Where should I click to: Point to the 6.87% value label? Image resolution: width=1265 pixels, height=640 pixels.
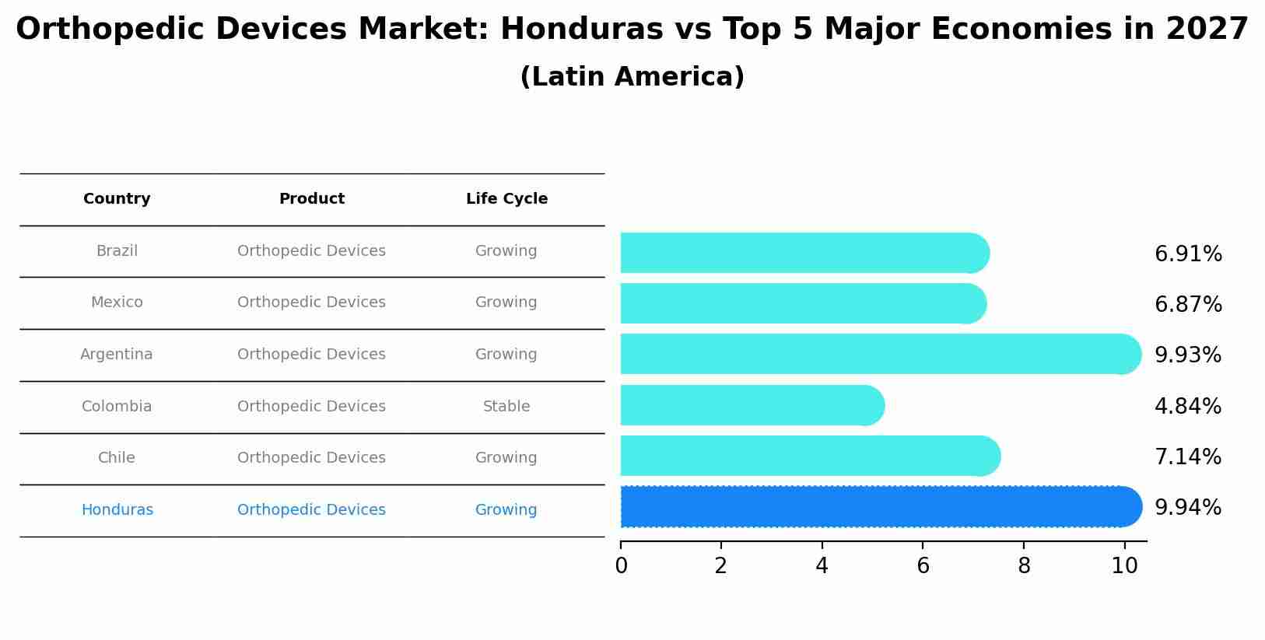1188,305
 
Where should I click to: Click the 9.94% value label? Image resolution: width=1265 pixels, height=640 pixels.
1188,508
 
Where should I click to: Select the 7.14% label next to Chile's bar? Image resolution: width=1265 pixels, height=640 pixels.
1188,457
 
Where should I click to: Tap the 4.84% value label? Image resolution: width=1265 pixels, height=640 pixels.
1188,407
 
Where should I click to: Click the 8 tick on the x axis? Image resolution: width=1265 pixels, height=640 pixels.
1024,566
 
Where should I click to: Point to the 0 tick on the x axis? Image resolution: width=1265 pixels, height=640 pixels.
621,566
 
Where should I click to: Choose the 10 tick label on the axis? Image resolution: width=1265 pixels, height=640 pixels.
1124,566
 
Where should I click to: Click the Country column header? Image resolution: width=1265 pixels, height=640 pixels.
117,199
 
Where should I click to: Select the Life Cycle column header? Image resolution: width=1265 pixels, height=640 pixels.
506,199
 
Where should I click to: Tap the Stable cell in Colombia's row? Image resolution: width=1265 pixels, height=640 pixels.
506,407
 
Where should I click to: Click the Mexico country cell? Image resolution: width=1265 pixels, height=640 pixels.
117,303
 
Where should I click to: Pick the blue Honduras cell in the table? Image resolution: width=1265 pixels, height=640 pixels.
117,510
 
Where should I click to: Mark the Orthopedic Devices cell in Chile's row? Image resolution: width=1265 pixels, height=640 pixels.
311,458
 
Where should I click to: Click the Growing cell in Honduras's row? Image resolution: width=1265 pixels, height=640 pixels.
506,510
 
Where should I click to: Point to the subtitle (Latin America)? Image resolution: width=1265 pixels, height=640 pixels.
632,77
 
